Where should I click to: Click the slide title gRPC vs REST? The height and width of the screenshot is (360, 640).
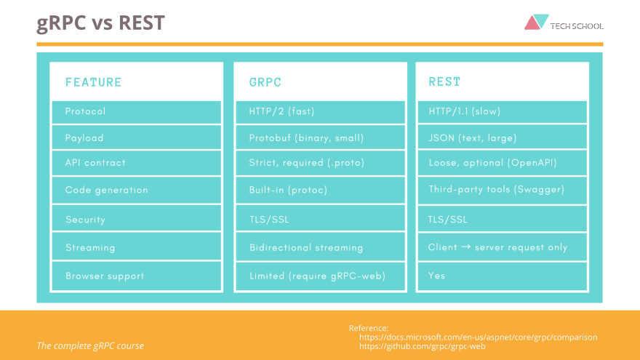point(100,23)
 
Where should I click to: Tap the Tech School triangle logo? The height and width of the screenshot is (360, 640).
point(537,23)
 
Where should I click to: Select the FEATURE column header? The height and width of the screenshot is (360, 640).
point(93,82)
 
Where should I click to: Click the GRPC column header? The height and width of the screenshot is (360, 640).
point(265,82)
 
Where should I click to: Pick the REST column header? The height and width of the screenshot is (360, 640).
point(444,82)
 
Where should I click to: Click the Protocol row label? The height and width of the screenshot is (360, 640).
point(85,111)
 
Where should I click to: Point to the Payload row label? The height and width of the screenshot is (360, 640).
point(84,137)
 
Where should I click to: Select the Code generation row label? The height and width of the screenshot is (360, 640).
point(106,190)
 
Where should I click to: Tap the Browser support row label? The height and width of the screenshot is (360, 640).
point(105,276)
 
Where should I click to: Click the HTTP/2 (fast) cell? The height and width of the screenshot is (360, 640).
point(281,111)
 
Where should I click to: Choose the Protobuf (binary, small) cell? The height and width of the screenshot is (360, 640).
point(306,137)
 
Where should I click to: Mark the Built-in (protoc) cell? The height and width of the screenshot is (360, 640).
point(288,190)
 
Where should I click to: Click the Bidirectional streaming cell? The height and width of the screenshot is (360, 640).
point(305,247)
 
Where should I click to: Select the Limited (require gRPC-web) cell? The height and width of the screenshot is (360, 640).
point(316,276)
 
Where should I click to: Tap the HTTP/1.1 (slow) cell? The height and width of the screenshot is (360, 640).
point(464,111)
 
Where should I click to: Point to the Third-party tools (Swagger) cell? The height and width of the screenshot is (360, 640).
point(496,190)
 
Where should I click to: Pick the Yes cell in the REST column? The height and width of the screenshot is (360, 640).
point(436,276)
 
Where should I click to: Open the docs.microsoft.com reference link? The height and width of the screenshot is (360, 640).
point(478,337)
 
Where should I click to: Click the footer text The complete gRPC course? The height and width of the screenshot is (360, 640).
point(90,345)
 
